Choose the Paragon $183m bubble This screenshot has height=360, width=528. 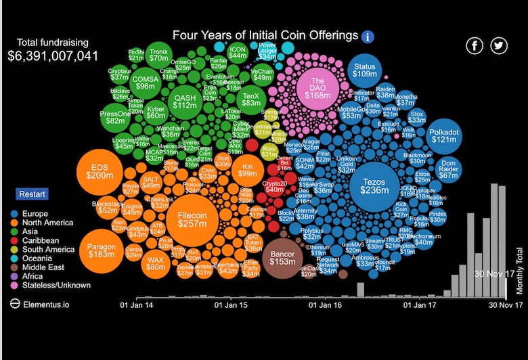(102, 251)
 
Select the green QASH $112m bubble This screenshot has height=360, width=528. (184, 101)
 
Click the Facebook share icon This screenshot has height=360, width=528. (475, 45)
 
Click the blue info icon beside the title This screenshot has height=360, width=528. (368, 37)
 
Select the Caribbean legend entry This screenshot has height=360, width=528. (41, 240)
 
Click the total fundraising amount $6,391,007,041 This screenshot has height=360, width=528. (53, 55)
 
